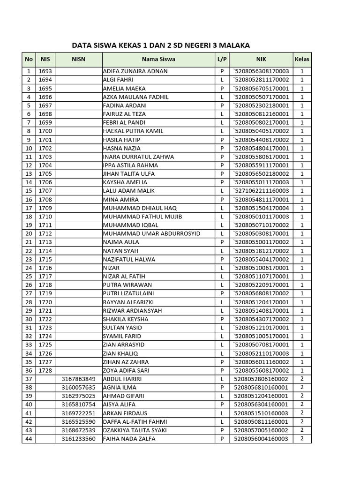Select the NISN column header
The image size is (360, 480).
point(78,60)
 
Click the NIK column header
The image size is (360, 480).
point(261,60)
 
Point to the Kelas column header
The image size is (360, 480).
point(302,60)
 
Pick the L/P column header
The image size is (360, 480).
point(222,60)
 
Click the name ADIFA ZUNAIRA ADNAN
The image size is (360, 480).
point(135,71)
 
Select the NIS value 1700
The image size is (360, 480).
point(45,131)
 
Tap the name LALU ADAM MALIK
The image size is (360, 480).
point(128,191)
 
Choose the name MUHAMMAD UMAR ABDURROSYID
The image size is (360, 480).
point(151,233)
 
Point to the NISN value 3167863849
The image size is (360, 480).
point(78,379)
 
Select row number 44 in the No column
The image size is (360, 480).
point(29,439)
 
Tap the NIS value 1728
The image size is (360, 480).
point(45,370)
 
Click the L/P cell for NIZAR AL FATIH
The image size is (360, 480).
point(222,276)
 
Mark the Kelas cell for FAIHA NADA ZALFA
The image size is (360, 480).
point(302,439)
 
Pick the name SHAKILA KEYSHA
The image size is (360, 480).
point(125,319)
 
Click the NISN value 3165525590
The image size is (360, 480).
point(78,421)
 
